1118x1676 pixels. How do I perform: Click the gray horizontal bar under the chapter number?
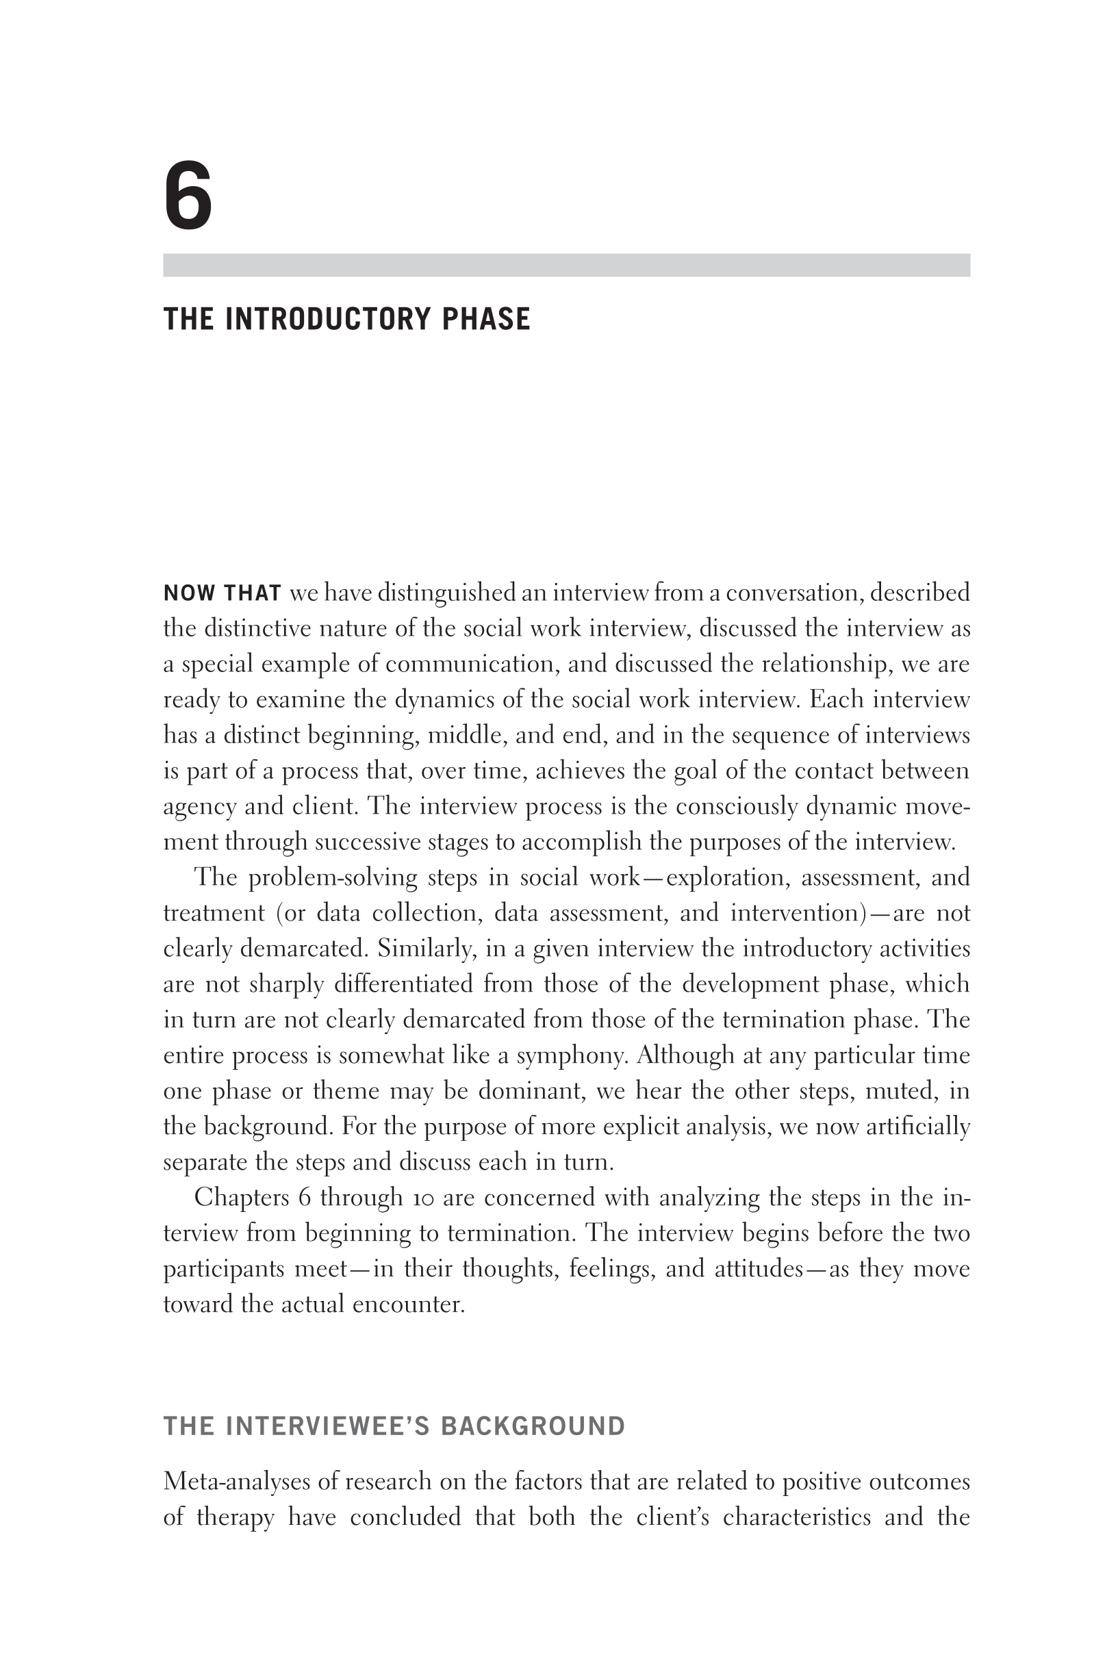tap(566, 265)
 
